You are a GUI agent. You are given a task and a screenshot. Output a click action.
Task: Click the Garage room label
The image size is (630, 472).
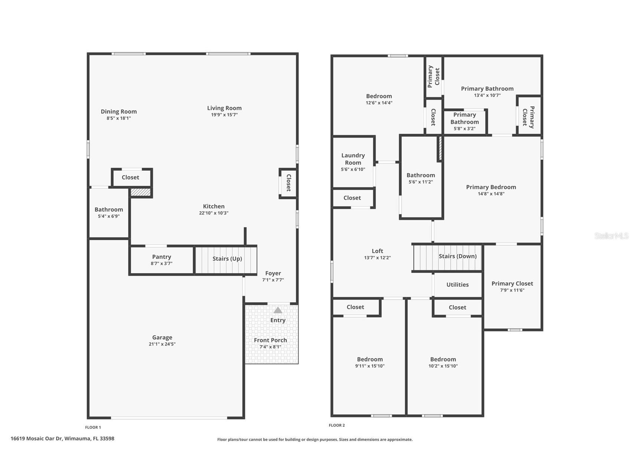[162, 337]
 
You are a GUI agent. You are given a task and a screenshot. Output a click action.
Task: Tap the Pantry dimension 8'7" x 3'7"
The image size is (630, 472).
[161, 263]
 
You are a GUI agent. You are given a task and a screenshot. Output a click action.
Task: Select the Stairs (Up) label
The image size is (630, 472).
[227, 259]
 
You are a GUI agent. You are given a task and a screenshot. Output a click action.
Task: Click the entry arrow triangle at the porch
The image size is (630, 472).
[278, 310]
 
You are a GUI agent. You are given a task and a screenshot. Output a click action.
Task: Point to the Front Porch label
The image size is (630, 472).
[270, 340]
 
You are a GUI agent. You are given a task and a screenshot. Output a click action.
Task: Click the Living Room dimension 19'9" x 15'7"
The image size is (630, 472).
[224, 115]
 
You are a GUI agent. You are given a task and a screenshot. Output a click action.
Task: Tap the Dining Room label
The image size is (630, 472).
[119, 111]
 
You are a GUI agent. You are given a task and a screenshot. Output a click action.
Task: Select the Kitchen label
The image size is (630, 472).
[213, 206]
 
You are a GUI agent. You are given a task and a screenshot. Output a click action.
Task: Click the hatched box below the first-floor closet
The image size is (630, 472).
[140, 192]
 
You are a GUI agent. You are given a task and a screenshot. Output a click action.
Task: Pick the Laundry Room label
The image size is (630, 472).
[353, 159]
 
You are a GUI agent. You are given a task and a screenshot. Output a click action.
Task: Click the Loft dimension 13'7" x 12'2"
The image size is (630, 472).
[377, 258]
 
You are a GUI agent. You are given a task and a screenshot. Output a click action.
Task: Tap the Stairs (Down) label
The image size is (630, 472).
[457, 256]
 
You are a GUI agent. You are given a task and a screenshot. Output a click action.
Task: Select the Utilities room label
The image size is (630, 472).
[457, 285]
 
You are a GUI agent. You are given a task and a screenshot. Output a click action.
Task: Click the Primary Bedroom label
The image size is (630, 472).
[491, 187]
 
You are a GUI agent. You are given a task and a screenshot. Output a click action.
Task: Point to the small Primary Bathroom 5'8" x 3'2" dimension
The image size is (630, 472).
[464, 129]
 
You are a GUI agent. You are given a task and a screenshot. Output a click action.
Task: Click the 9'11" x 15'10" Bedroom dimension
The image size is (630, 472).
[370, 366]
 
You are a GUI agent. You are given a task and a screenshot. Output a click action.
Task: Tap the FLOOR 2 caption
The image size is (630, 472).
[337, 425]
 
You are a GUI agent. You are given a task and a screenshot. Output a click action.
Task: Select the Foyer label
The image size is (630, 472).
[273, 273]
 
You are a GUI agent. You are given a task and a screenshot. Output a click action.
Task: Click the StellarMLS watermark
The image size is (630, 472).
[611, 236]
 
